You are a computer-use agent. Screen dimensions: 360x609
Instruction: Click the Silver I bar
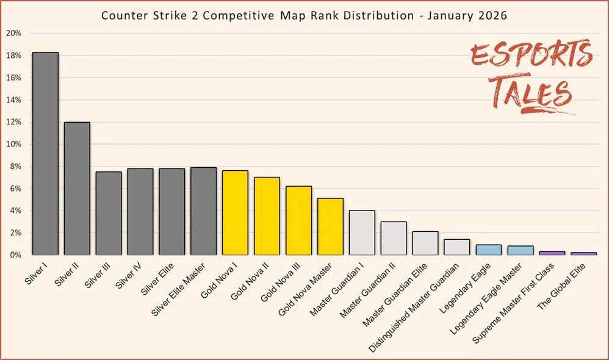click(45, 153)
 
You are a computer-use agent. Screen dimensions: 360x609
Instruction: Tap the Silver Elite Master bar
click(204, 211)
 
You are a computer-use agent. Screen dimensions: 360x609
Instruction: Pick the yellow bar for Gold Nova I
click(236, 212)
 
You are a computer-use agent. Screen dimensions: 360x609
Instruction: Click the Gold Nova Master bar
click(330, 226)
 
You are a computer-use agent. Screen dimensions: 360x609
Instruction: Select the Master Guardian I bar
click(362, 232)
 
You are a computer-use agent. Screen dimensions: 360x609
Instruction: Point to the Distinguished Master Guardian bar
click(457, 247)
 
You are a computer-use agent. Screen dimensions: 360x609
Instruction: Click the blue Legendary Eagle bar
click(489, 250)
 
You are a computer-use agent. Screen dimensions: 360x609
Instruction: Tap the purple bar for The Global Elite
click(584, 253)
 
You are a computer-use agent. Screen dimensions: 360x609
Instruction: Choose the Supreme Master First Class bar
click(552, 253)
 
